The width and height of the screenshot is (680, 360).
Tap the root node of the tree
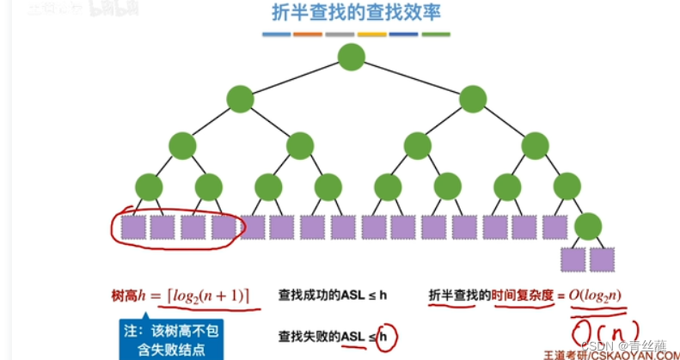click(352, 58)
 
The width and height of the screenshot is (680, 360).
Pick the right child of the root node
click(473, 100)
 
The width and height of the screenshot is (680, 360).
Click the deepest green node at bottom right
click(589, 227)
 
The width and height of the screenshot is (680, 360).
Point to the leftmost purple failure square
click(132, 227)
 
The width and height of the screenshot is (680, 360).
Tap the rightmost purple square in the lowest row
click(603, 259)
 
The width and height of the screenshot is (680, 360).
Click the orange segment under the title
click(307, 35)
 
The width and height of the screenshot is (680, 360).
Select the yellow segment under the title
click(371, 35)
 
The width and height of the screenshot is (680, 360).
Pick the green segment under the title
click(436, 35)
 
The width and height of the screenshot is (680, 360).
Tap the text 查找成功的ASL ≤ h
click(333, 296)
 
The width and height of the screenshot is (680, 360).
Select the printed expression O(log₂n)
click(595, 296)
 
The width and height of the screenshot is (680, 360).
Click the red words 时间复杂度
click(521, 296)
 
